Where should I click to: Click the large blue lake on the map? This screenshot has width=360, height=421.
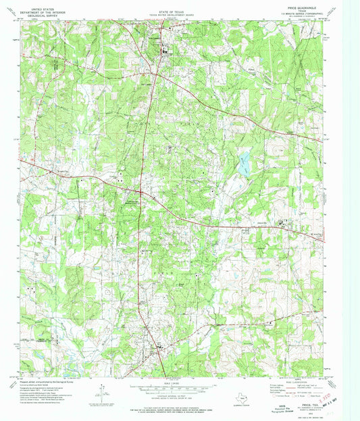point(243,162)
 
